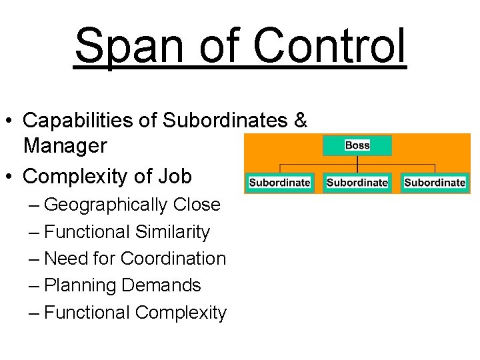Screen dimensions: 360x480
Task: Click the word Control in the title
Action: tap(329, 45)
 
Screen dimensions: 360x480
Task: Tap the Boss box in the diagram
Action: tap(357, 145)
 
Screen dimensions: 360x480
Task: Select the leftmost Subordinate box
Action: tap(280, 182)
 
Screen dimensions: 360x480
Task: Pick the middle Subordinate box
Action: tap(357, 182)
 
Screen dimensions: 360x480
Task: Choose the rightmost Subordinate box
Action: tap(435, 182)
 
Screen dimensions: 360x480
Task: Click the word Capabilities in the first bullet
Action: tap(89, 121)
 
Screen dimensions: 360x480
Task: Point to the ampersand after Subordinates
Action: tap(300, 121)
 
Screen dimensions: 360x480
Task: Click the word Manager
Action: tap(65, 145)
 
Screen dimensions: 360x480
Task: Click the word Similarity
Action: tap(172, 232)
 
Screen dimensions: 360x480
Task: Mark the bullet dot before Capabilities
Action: tap(10, 121)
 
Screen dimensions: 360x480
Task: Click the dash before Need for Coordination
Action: tap(35, 259)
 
